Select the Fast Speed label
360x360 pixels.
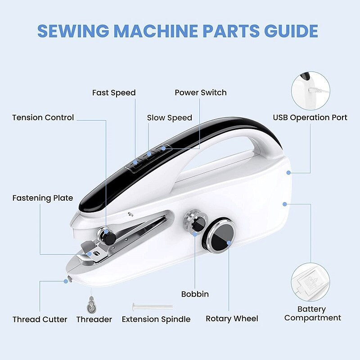[x=114, y=93]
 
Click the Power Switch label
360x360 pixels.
[x=201, y=93]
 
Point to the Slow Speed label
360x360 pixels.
[x=170, y=118]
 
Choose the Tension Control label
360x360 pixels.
[x=43, y=118]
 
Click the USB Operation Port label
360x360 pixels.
[x=310, y=118]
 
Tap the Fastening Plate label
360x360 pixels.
[x=43, y=198]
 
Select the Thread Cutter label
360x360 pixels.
[x=40, y=319]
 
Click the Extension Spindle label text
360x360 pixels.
[x=156, y=319]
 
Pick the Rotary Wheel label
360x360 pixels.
[x=232, y=319]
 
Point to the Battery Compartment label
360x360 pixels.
[x=312, y=314]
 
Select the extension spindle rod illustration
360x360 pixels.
[x=152, y=306]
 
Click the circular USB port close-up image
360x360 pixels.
[x=310, y=90]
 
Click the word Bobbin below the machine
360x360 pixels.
[x=195, y=294]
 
